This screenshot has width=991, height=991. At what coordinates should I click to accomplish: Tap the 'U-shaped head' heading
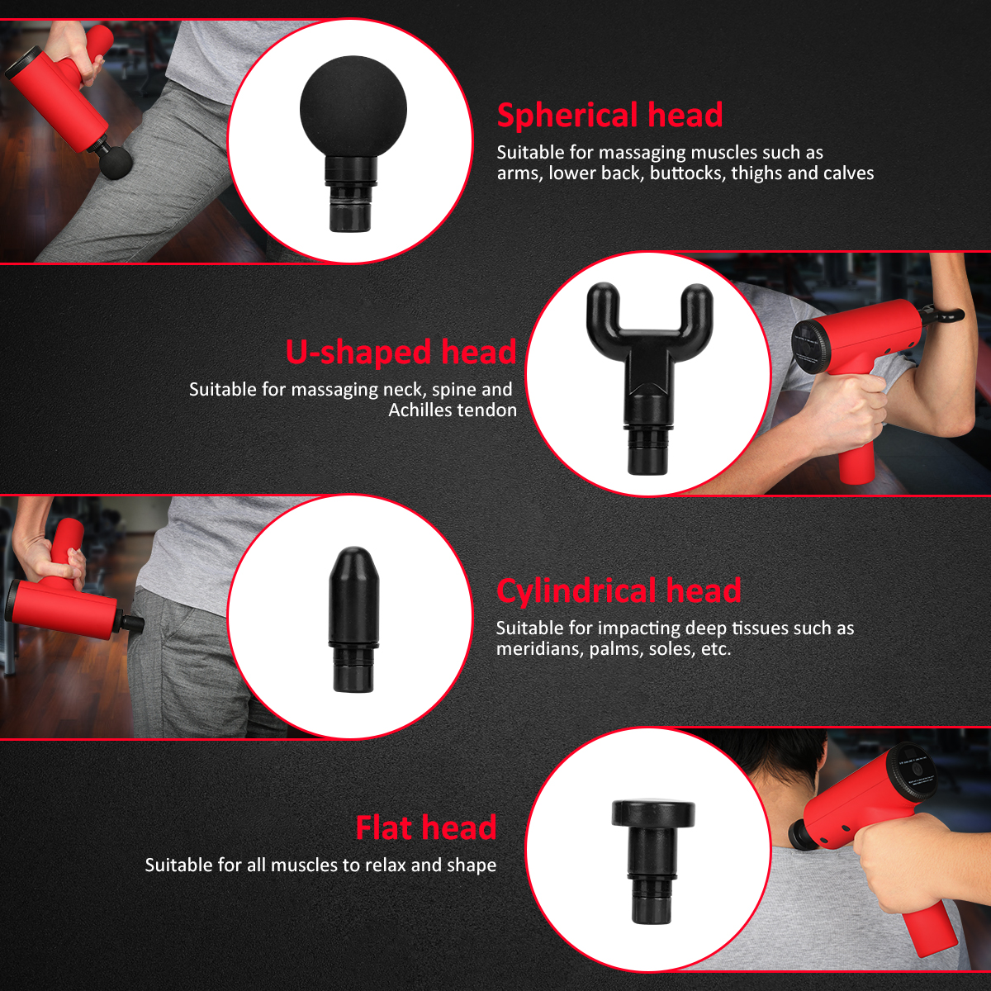click(401, 353)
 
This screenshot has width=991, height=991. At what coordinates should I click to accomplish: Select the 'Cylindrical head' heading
click(619, 591)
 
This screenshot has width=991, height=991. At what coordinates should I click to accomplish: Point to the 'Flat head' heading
click(426, 828)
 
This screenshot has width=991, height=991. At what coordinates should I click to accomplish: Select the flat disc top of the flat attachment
click(653, 813)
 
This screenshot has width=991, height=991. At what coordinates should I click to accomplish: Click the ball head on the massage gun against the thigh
click(115, 162)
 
